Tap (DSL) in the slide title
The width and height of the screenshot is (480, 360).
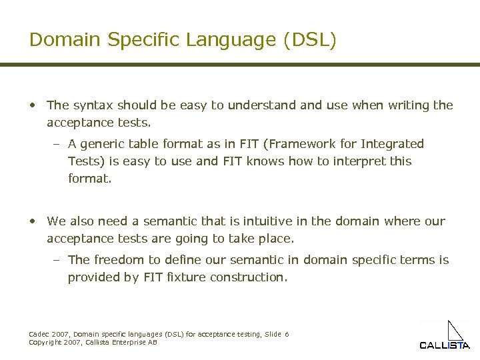click(310, 40)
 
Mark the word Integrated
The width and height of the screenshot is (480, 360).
click(393, 144)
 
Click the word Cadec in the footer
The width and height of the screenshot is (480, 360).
click(38, 334)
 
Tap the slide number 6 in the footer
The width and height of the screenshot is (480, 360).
click(287, 334)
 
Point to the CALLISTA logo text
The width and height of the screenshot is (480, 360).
click(444, 345)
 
